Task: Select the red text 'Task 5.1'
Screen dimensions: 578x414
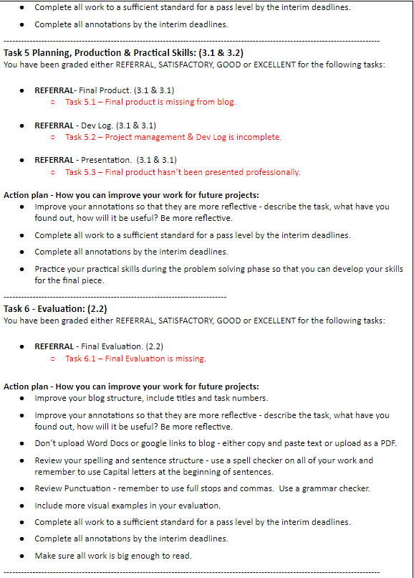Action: point(82,102)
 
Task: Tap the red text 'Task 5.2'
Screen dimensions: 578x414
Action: point(82,137)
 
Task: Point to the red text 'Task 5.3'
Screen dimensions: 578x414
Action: point(82,172)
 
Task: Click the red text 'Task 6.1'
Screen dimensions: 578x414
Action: point(82,358)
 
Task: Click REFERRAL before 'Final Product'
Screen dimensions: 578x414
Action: point(54,90)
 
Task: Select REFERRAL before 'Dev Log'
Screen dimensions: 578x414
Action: point(54,125)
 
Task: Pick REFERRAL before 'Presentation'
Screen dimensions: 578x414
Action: point(54,160)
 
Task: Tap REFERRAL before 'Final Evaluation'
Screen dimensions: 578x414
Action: point(54,346)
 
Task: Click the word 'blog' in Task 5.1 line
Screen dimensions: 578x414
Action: point(226,102)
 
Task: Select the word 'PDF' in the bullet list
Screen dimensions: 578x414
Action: point(386,443)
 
